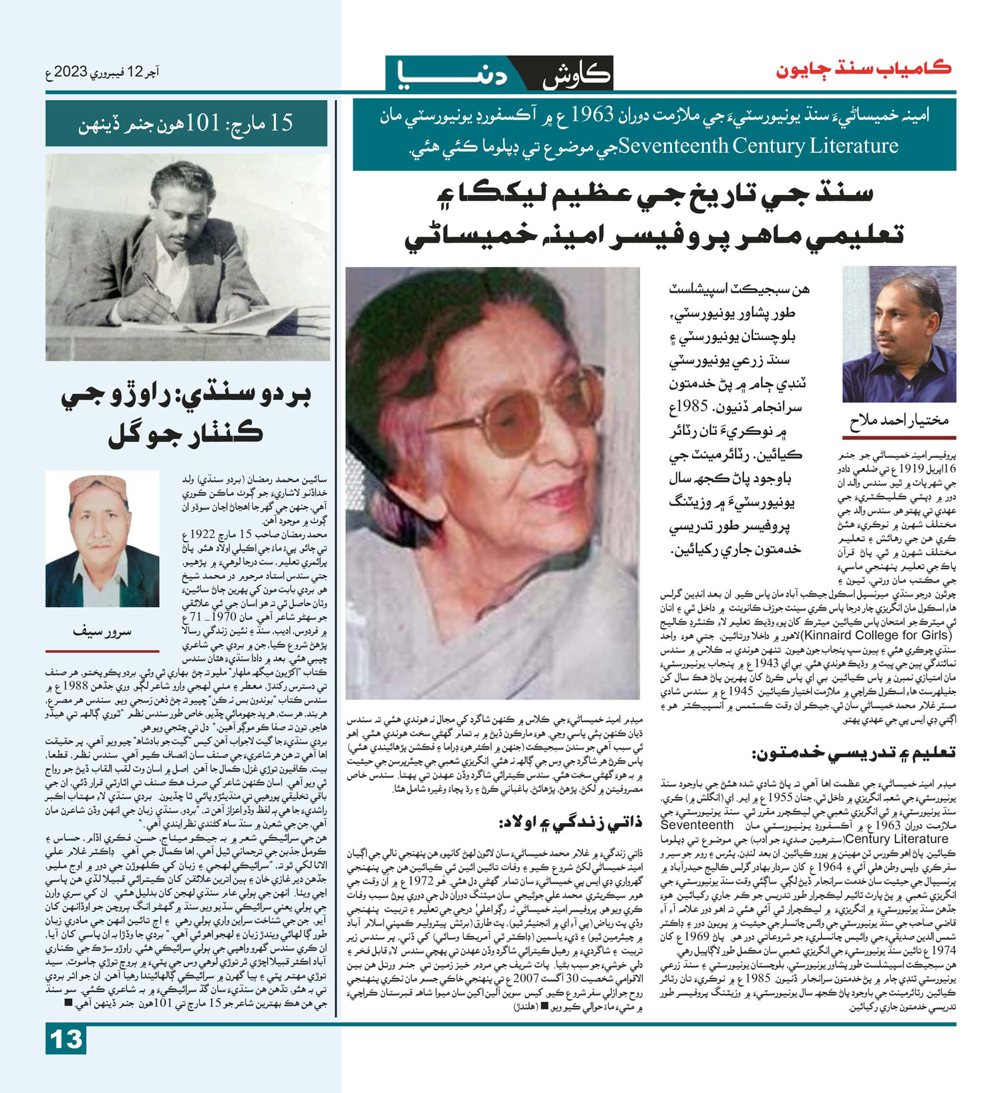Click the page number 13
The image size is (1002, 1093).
tap(66, 1040)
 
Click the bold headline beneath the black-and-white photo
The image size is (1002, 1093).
tap(186, 416)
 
